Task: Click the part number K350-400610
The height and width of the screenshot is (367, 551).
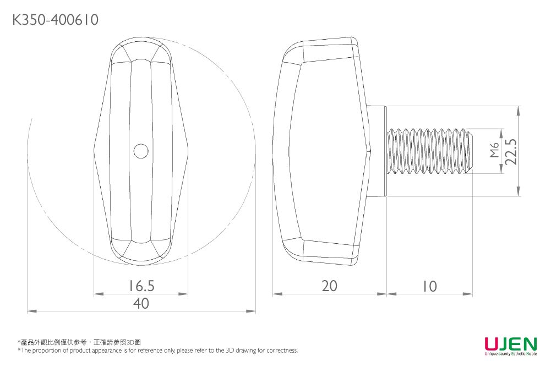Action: tap(56, 20)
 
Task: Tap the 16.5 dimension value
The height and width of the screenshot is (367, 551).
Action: tap(141, 286)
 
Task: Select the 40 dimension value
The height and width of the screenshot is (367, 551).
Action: tap(141, 303)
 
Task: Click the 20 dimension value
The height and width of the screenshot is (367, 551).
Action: tap(329, 286)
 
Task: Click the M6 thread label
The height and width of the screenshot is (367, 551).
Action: tap(494, 151)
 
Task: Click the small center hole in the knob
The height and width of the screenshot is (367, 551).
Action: tap(141, 151)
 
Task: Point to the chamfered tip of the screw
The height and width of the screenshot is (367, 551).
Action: tap(469, 151)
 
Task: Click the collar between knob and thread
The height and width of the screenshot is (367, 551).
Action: tap(378, 151)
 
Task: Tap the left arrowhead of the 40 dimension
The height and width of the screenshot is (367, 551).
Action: tap(30, 312)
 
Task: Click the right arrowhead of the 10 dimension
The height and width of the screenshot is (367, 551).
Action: tap(469, 294)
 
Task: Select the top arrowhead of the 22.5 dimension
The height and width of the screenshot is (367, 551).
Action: tap(519, 109)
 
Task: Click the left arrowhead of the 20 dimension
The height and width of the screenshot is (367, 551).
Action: tap(276, 294)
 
